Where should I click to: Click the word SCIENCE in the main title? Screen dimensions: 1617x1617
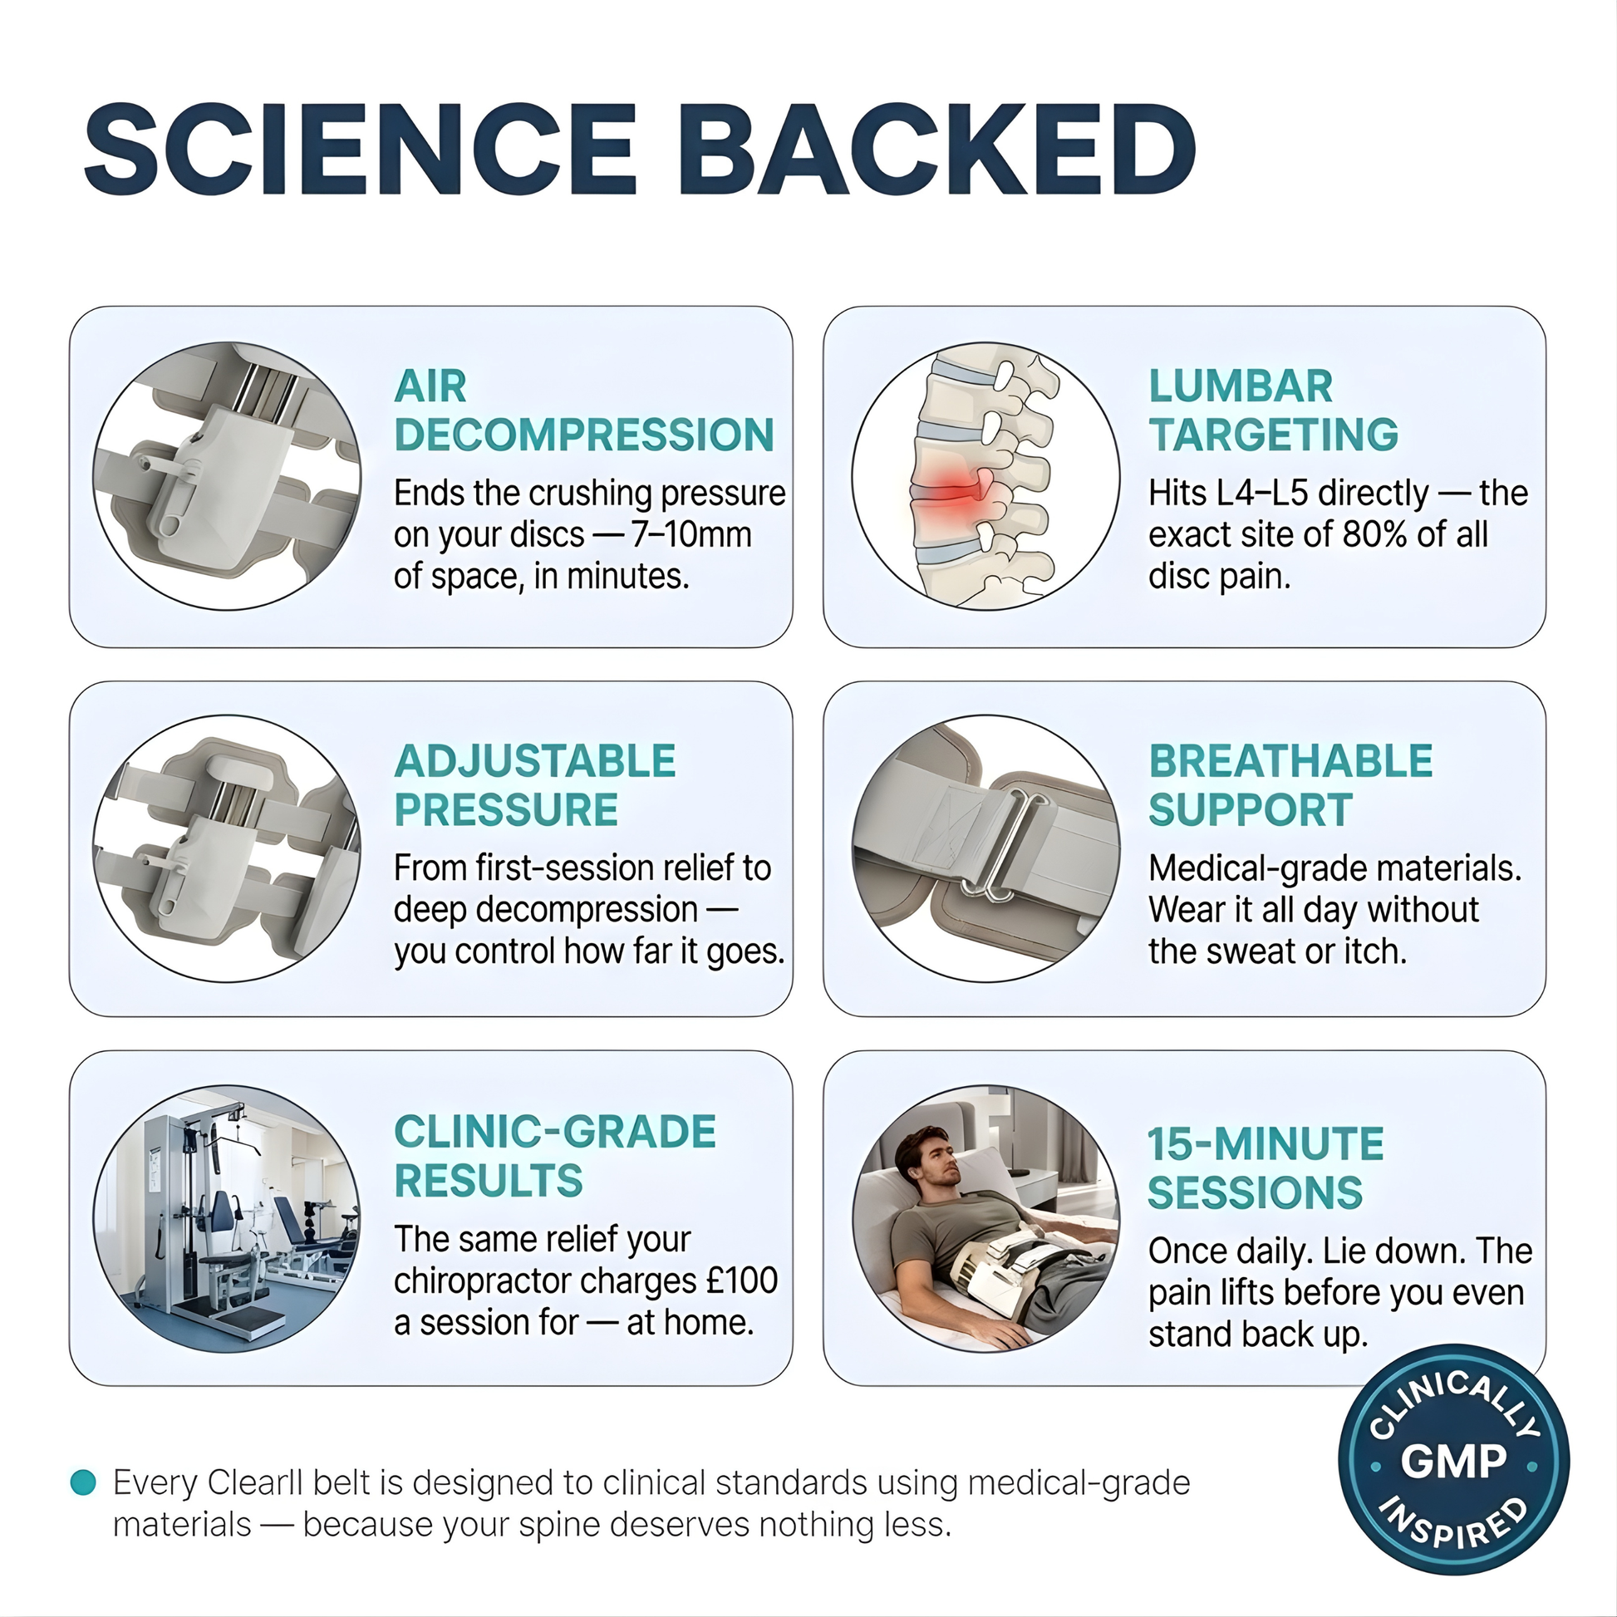click(361, 150)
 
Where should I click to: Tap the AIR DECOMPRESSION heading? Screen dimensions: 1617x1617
click(584, 410)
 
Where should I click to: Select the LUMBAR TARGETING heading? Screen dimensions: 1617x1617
click(1273, 410)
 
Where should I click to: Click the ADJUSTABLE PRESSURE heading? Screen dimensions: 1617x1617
click(535, 785)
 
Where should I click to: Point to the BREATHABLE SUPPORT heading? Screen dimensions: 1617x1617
click(1290, 785)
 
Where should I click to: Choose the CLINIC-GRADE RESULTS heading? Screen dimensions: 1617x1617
click(555, 1156)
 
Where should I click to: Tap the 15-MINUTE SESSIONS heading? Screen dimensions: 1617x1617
click(1266, 1167)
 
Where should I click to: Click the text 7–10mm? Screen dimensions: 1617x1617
click(691, 534)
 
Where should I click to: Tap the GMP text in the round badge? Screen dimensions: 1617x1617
click(1454, 1462)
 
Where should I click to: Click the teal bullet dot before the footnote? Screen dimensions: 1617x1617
click(83, 1482)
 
